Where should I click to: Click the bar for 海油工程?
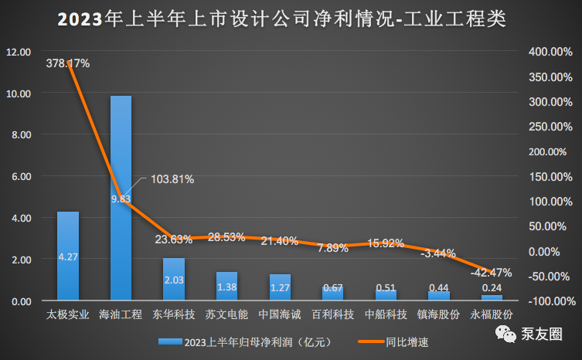click(121, 198)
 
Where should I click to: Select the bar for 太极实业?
click(68, 256)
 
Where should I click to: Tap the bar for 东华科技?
click(174, 279)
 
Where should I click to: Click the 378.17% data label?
click(68, 63)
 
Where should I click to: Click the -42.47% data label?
click(491, 272)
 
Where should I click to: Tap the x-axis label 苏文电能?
click(226, 315)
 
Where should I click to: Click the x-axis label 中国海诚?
click(280, 315)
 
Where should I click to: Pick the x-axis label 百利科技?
click(333, 315)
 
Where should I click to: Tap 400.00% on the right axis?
click(550, 52)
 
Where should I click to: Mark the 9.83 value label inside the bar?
click(121, 199)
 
